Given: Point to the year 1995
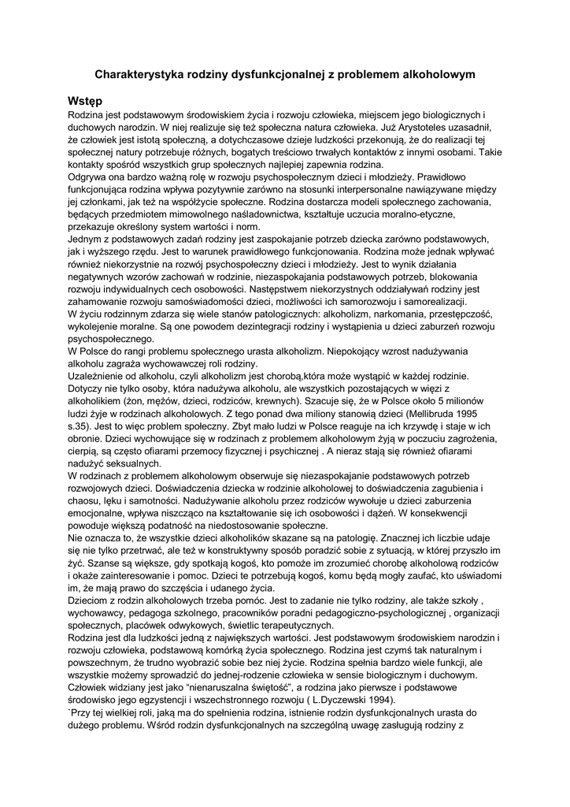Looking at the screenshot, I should (x=481, y=414).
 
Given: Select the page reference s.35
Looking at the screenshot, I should (x=81, y=426).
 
